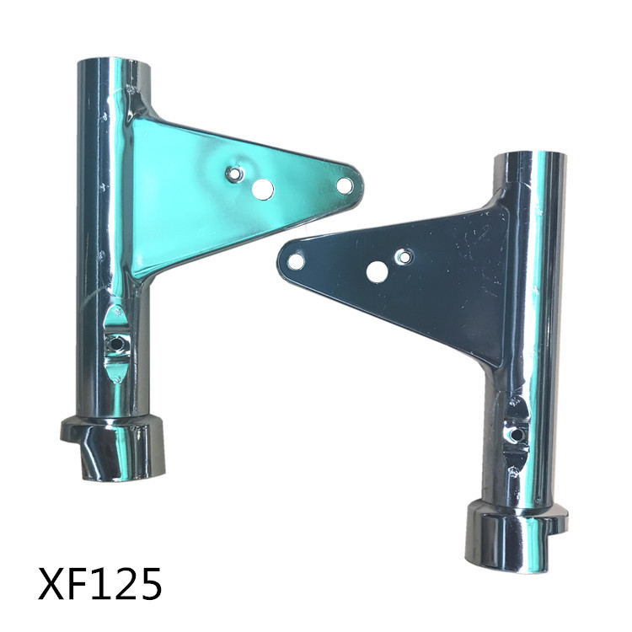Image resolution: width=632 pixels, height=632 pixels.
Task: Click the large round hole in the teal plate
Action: (263, 189)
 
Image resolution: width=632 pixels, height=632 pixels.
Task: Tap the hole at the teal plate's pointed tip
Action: (344, 186)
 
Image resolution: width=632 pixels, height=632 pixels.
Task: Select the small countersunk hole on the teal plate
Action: (234, 174)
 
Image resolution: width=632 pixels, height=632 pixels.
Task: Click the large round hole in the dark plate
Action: (377, 272)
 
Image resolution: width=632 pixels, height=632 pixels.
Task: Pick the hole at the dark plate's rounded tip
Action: (297, 261)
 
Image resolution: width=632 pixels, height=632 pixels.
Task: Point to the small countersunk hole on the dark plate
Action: (404, 257)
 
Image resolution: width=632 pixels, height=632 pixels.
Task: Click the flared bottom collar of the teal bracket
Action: (112, 448)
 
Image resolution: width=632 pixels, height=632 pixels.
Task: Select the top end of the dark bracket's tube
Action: (530, 158)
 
